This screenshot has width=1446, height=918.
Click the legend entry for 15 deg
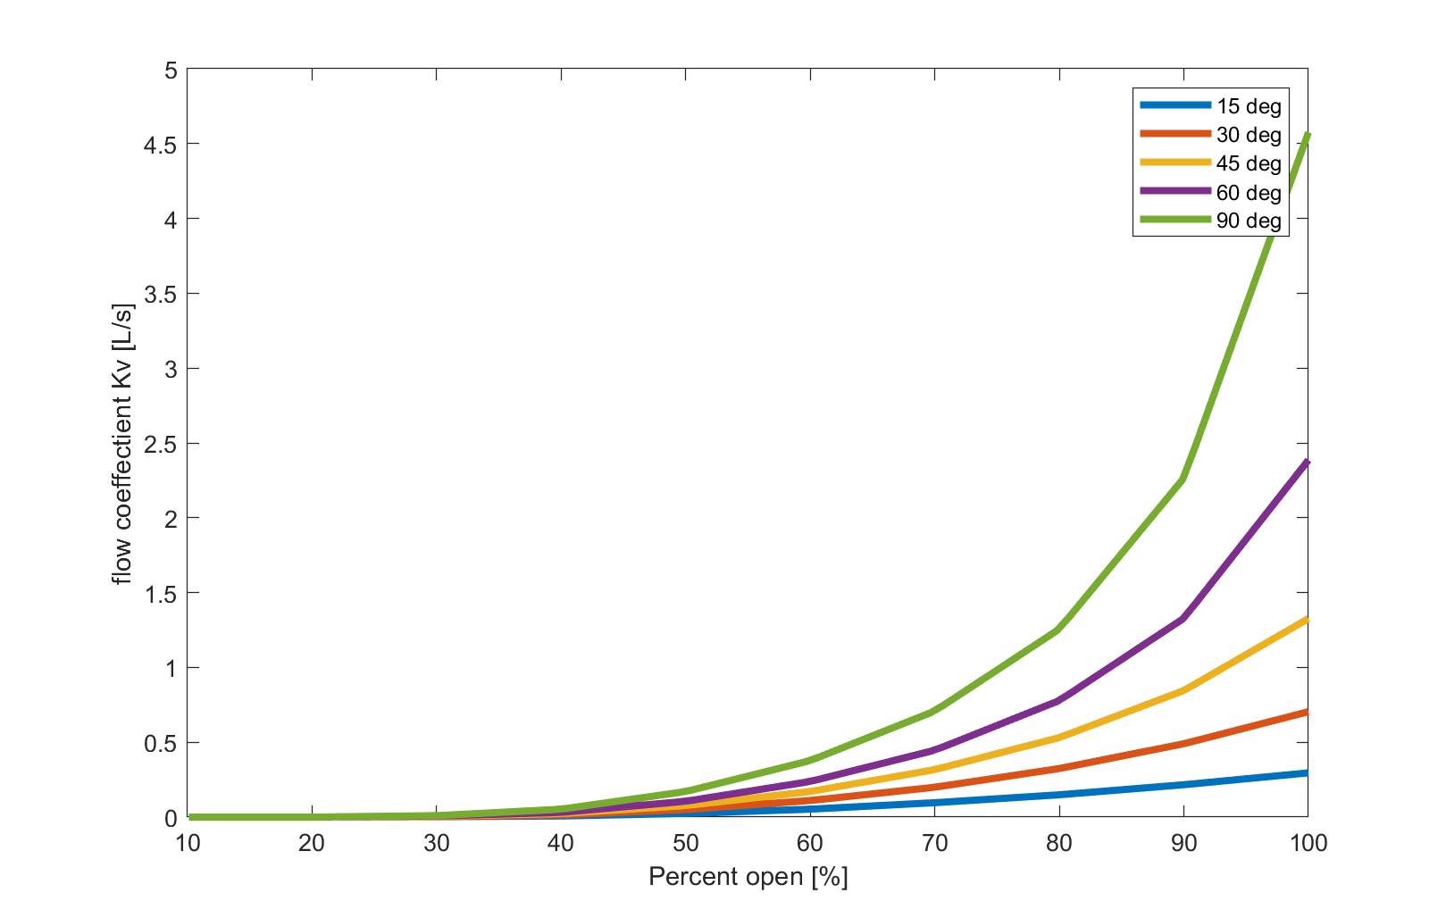1248,106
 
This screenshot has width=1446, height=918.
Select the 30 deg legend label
1248,135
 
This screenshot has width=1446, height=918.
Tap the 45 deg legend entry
1248,163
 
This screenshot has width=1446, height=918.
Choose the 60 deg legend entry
1248,193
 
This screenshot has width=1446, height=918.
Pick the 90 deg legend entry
1248,221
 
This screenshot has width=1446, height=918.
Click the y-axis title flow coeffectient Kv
122,444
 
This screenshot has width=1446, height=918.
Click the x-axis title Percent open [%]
748,877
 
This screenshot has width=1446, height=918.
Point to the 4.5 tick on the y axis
160,144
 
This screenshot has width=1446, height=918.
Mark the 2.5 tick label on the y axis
160,443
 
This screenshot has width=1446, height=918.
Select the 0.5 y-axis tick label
160,742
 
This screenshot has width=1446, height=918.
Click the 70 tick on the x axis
934,843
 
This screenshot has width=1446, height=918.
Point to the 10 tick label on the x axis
188,843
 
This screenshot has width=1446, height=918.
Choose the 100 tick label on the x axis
1308,843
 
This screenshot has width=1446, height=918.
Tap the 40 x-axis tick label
561,843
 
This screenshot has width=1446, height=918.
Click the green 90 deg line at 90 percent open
1183,480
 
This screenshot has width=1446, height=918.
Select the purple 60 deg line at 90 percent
1183,619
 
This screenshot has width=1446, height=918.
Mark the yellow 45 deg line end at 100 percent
1306,619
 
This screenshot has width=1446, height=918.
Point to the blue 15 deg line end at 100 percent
1306,772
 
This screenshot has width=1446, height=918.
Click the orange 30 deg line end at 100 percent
1306,712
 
